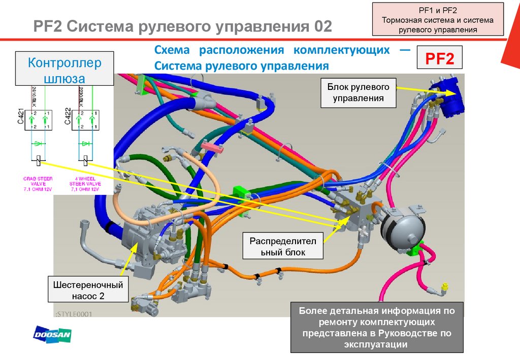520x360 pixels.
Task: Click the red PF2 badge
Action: point(439,57)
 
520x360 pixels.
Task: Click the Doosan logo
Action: point(52,335)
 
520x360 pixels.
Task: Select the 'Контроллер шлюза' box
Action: point(64,70)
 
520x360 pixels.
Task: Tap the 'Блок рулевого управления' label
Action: point(358,92)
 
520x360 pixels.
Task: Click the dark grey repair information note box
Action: point(377,328)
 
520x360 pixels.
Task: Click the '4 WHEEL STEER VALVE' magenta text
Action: point(85,184)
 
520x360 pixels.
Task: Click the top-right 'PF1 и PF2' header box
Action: point(438,19)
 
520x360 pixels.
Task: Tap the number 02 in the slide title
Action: point(322,26)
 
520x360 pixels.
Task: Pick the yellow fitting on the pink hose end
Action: point(445,288)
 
